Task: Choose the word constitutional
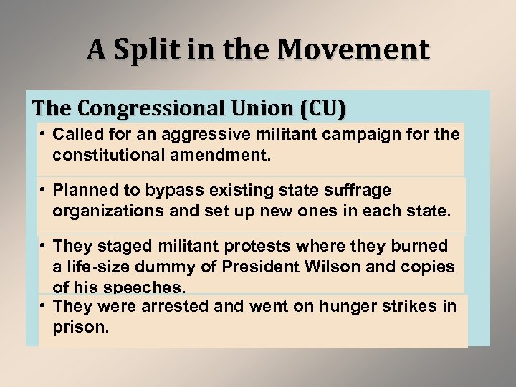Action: point(112,154)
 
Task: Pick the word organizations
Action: point(100,211)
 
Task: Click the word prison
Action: point(80,328)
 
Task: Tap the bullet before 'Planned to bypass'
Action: point(44,190)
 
